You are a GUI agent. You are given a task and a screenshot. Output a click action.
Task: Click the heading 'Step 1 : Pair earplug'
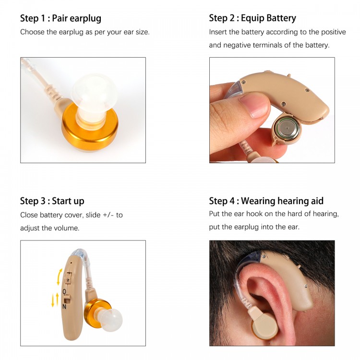click(x=60, y=18)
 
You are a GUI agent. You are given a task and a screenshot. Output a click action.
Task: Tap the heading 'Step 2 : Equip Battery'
click(x=252, y=18)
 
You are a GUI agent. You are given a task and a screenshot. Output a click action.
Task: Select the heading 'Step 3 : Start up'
click(x=52, y=201)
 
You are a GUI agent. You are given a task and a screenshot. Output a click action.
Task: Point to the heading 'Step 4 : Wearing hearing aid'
click(x=266, y=201)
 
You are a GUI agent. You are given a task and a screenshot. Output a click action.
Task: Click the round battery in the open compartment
click(x=288, y=129)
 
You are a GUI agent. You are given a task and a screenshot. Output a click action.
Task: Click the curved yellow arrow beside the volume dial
click(x=60, y=276)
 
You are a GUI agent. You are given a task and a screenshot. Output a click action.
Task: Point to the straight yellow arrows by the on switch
click(x=55, y=300)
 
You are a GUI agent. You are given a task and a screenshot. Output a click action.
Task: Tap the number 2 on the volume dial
click(x=68, y=280)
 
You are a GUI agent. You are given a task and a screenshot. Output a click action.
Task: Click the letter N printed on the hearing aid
click(x=64, y=307)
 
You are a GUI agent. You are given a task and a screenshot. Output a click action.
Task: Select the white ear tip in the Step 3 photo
click(x=111, y=321)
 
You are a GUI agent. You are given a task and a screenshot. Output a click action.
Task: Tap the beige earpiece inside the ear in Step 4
click(x=264, y=324)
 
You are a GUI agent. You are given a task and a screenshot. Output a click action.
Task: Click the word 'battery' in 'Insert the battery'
click(x=253, y=32)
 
